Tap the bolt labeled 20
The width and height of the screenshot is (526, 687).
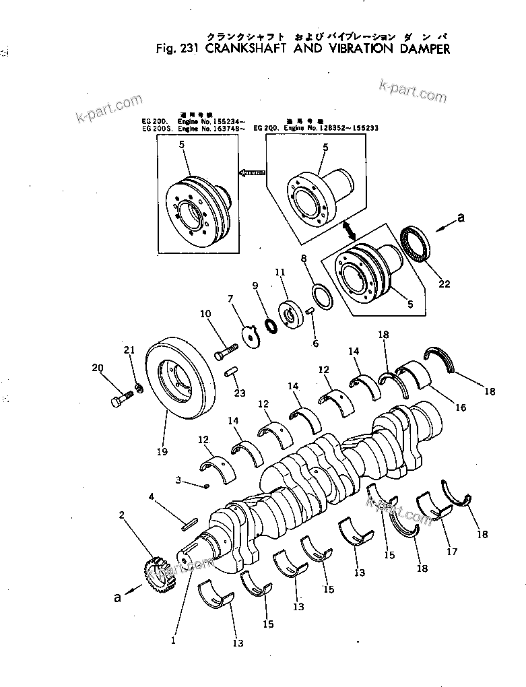[x=118, y=399]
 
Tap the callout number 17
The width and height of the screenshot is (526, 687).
[x=451, y=552]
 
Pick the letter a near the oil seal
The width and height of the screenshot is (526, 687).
[x=461, y=218]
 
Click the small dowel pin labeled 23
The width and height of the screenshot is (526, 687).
[x=230, y=371]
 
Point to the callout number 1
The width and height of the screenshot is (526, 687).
[x=173, y=641]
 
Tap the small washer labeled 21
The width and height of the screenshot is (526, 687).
[x=138, y=387]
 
